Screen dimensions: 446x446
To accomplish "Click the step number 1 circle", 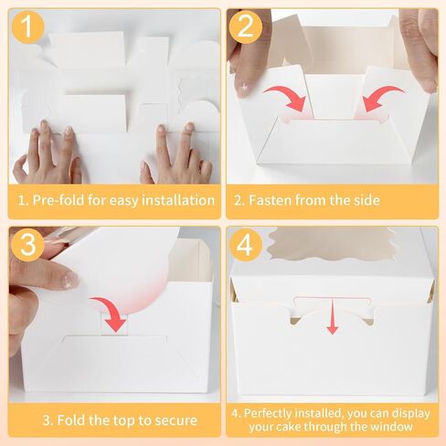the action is click(x=27, y=27).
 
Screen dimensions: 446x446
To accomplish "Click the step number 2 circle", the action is click(x=246, y=27).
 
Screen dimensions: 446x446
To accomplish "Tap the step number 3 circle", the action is click(x=27, y=245).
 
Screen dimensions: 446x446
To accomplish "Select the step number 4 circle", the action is click(x=246, y=245).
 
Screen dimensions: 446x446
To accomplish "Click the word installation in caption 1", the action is click(x=178, y=200).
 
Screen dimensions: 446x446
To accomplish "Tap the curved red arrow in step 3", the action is click(x=113, y=311).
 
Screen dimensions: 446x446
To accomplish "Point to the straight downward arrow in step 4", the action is click(x=333, y=317).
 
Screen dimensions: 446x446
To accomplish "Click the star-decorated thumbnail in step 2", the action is click(x=244, y=87).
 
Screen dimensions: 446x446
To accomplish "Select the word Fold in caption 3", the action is click(x=71, y=420).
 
